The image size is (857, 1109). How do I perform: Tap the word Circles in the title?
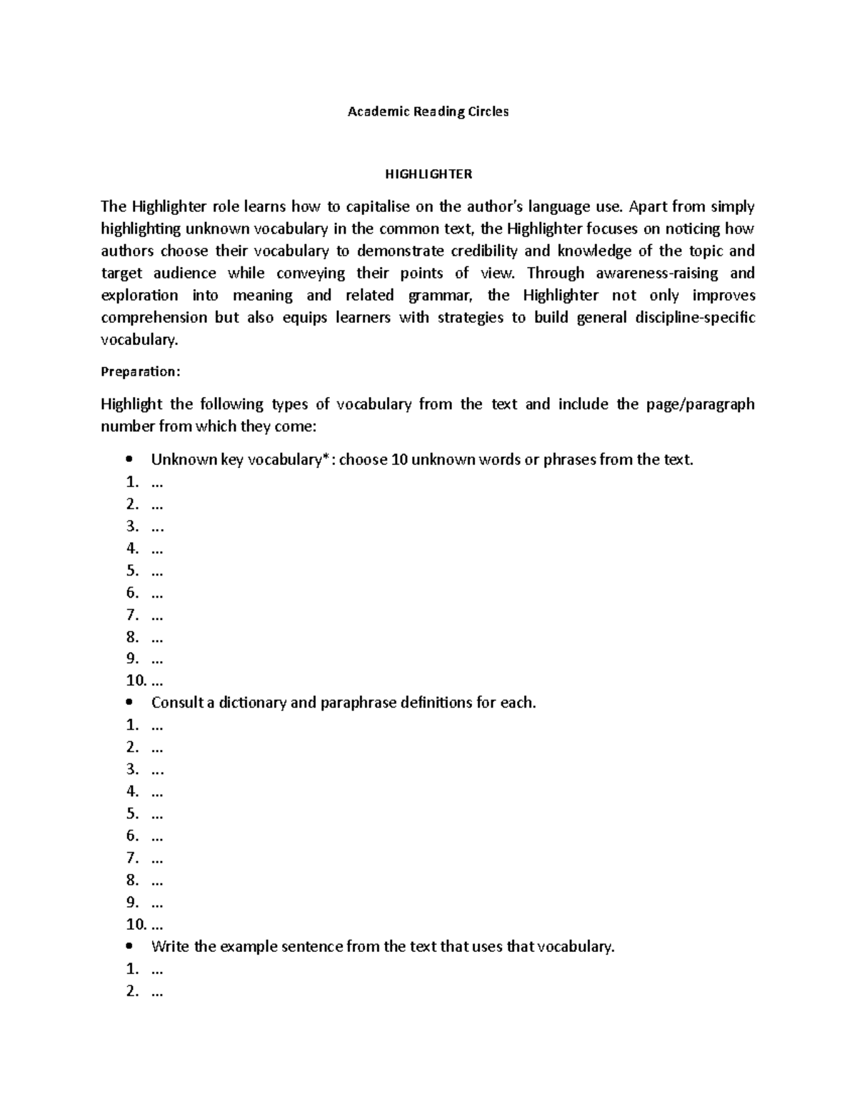tap(488, 111)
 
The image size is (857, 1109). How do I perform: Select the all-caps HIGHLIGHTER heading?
tap(428, 174)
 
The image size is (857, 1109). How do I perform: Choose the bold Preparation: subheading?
tap(141, 371)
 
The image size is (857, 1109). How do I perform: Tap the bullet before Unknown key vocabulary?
tap(129, 459)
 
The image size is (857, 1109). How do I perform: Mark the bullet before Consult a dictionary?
tap(129, 703)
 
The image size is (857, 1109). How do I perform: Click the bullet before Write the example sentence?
tap(129, 947)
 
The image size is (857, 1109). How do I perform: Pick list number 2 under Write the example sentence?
tap(131, 991)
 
